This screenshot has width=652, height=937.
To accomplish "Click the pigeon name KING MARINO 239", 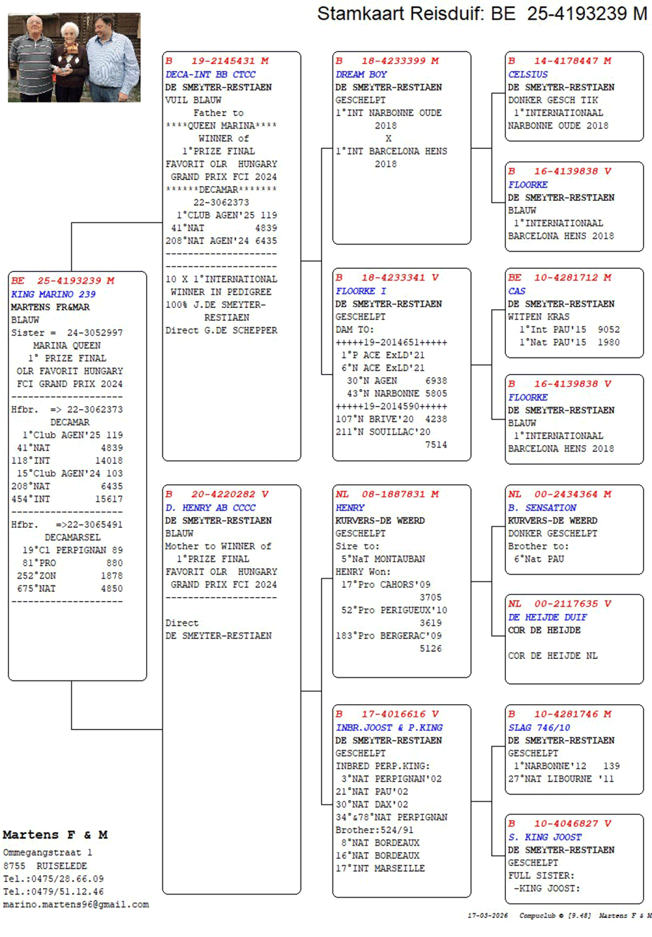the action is tap(53, 294).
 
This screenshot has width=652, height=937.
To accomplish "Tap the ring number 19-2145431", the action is tap(223, 61).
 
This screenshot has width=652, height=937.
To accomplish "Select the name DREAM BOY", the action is tap(361, 74).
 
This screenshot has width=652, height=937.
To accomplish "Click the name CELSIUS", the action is tap(528, 74).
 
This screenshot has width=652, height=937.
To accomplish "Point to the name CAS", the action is tap(516, 291).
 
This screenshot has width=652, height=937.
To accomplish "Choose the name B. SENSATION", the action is tap(542, 508).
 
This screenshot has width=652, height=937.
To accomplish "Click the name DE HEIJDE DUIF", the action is tap(548, 617).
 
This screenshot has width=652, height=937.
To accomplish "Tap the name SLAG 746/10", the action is tap(539, 728).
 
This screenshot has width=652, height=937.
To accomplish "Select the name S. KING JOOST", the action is tap(544, 837).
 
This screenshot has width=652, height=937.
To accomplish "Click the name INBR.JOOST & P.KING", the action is tap(389, 728).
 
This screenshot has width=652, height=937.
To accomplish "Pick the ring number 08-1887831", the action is tap(393, 494).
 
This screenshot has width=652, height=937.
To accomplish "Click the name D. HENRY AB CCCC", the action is tap(210, 508).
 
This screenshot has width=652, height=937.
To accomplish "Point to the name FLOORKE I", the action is tap(361, 291).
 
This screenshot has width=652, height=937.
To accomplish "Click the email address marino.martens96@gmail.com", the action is tap(76, 904).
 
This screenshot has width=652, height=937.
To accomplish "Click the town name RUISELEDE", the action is tap(61, 865).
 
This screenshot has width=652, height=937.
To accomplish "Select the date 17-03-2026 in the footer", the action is tap(488, 915).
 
